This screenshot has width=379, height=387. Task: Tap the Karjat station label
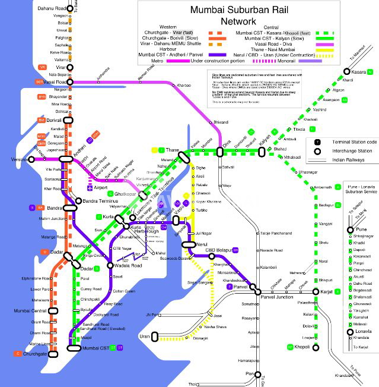(321, 291)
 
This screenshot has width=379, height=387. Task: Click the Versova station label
(19, 160)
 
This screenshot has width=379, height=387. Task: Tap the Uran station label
(144, 336)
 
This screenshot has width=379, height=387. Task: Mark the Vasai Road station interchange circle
(70, 81)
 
